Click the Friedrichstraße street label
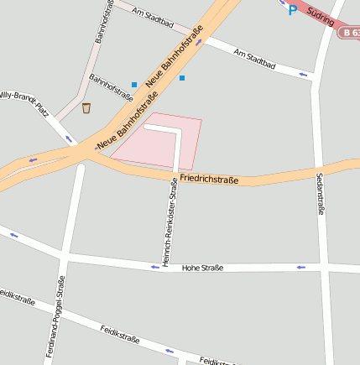[209, 180]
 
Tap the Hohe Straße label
[203, 268]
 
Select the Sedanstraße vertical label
[320, 194]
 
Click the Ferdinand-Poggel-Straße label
[55, 317]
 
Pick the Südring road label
[321, 15]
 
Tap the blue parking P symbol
[292, 10]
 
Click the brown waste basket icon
[86, 107]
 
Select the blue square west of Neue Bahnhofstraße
[133, 84]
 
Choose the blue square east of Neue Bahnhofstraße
[181, 78]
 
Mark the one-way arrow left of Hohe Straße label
[154, 267]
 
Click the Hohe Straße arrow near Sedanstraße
[300, 267]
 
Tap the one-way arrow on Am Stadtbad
[303, 76]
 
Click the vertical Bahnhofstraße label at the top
[104, 23]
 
